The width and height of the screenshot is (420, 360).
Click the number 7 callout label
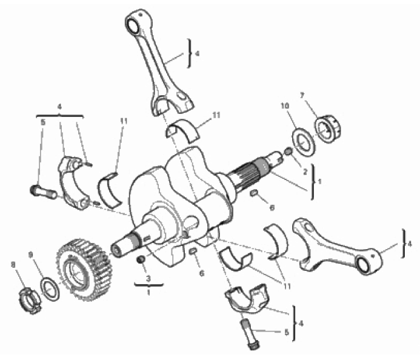(302, 96)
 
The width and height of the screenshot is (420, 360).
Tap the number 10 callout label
(285, 106)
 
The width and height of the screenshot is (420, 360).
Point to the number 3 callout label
(148, 279)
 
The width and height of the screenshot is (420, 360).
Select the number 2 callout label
(305, 172)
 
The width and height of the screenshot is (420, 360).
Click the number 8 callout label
(13, 265)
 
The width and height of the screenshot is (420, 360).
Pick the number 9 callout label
(30, 255)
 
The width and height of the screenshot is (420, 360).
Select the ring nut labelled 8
(30, 301)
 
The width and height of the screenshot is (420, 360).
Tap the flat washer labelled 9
(50, 289)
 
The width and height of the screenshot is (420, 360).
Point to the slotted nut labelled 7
(327, 128)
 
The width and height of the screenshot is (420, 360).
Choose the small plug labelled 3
(141, 259)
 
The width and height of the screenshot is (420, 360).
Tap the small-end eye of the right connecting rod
(364, 265)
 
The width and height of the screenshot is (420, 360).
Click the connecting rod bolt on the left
(43, 192)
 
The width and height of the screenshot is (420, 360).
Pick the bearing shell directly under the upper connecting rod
(182, 130)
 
